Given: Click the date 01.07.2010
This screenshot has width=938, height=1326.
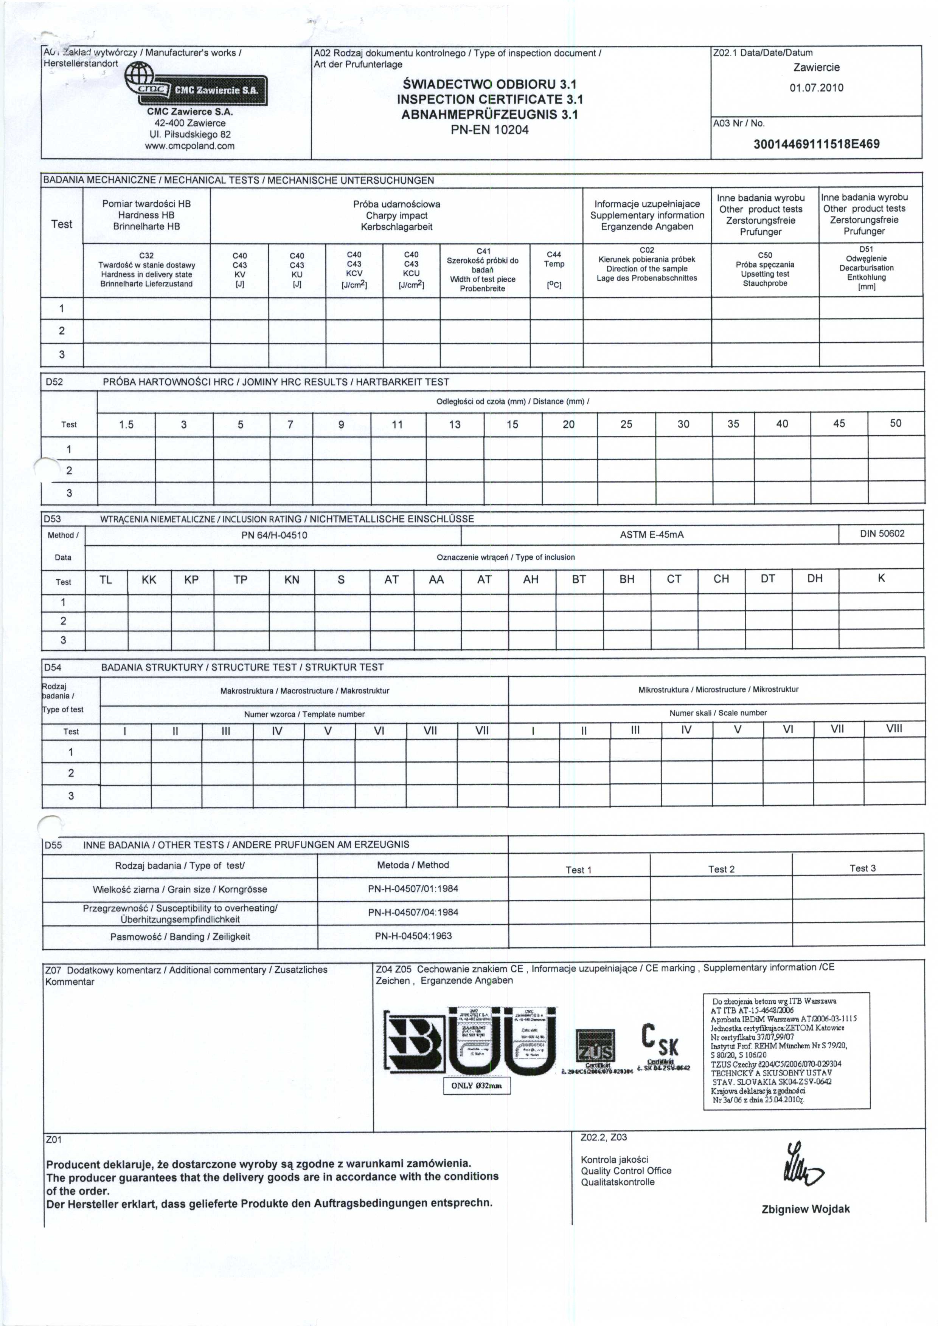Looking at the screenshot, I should [x=816, y=88].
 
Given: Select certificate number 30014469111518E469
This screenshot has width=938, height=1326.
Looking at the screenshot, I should [x=816, y=144].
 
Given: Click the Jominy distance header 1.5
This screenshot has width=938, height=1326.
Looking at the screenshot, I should [x=126, y=424].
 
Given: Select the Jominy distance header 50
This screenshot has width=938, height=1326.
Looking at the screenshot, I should [x=895, y=423].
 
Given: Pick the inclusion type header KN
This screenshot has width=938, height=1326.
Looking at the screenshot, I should [x=292, y=579].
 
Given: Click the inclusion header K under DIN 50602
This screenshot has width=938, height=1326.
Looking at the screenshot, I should [x=881, y=578].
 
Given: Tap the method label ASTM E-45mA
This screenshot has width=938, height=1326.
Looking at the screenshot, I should [x=651, y=535].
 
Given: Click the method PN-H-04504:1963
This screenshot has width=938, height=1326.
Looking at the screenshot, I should [x=413, y=936].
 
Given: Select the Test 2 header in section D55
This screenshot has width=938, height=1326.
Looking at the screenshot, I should [x=721, y=869].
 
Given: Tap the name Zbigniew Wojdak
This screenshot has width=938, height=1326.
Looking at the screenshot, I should [x=806, y=1209].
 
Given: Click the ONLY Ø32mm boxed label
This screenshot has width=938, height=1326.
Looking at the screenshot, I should [x=477, y=1086].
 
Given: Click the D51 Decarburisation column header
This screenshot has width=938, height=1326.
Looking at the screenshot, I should [x=867, y=268].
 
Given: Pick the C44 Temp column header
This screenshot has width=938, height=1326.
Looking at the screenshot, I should [x=554, y=269].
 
